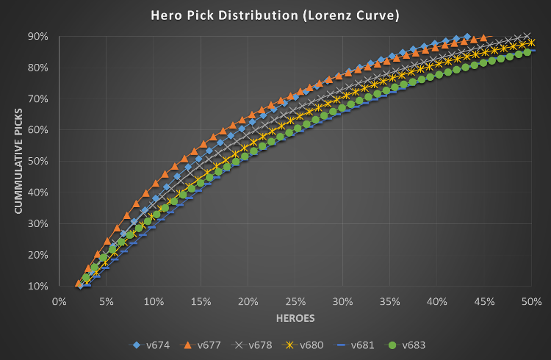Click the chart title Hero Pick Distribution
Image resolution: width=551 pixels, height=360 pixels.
(x=275, y=15)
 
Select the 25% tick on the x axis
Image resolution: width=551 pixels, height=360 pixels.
(x=295, y=301)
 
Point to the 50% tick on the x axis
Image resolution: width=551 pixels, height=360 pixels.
(x=531, y=301)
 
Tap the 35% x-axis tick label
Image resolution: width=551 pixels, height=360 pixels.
(x=389, y=301)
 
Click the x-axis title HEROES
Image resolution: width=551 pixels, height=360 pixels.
(x=295, y=320)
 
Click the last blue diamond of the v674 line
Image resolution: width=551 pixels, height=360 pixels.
(x=467, y=36)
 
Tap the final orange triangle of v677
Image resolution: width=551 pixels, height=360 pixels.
(x=483, y=37)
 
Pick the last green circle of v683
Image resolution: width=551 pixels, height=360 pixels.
(x=527, y=52)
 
